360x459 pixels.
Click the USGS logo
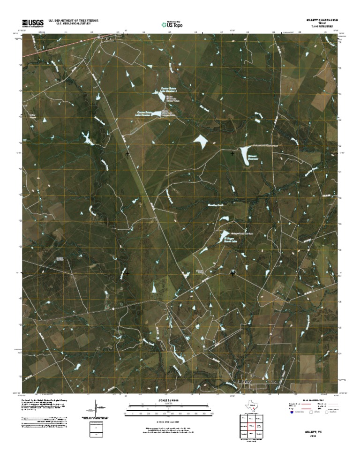coord(32,23)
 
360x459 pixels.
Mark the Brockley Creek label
coord(217,205)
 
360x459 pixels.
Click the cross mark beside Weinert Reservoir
coord(233,153)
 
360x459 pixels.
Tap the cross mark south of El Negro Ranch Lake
coord(233,273)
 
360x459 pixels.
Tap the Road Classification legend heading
coord(310,401)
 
